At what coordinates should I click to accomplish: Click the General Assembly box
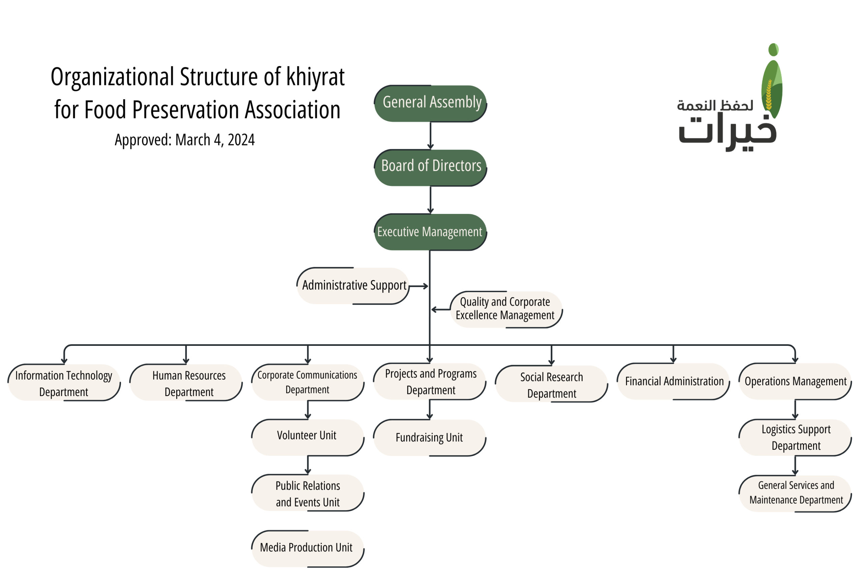coord(430,103)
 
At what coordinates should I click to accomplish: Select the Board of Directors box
coord(430,167)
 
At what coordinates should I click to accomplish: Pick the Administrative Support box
coord(353,285)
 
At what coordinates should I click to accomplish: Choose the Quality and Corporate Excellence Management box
coord(506,309)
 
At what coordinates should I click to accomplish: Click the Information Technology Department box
coord(64,382)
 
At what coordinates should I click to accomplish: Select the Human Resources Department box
coord(186,382)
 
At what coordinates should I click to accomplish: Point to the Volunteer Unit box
coord(307,437)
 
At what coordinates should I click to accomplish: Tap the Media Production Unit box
coord(307,548)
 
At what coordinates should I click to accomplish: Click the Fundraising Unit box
coord(429,438)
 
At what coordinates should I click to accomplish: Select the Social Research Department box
coord(551,384)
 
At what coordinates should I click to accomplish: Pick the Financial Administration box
coord(673,381)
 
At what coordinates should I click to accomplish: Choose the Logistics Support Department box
coord(795,437)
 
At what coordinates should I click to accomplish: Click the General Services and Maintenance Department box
coord(795,493)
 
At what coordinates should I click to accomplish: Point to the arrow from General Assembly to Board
coord(430,136)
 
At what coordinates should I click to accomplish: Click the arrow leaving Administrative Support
coord(419,286)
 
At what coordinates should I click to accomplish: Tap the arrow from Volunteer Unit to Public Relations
coord(308,465)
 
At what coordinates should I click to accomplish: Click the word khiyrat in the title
coord(315,77)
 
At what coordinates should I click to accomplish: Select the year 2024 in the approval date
coord(241,140)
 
